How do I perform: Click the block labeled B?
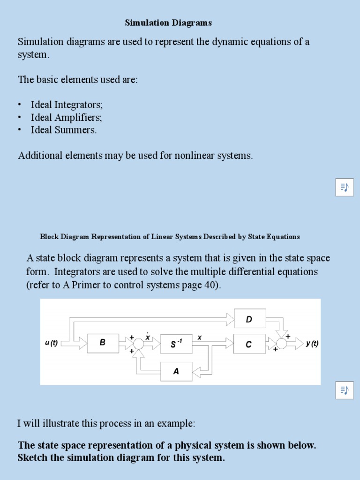[x=103, y=343]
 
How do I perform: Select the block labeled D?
[x=249, y=320]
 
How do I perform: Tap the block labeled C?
[x=249, y=345]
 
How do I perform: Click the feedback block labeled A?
[x=176, y=371]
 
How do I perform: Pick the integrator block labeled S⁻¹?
[x=176, y=345]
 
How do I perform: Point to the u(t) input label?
[x=51, y=343]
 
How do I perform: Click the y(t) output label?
[x=312, y=344]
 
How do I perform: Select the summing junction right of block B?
[x=139, y=344]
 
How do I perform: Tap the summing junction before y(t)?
[x=282, y=344]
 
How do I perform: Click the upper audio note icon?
[x=345, y=187]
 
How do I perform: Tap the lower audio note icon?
[x=345, y=390]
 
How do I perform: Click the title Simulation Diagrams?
[x=168, y=22]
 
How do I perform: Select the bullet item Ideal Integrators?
[x=67, y=105]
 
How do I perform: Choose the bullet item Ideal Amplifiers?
[x=66, y=117]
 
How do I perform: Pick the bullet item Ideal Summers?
[x=64, y=130]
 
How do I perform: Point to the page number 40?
[x=209, y=285]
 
